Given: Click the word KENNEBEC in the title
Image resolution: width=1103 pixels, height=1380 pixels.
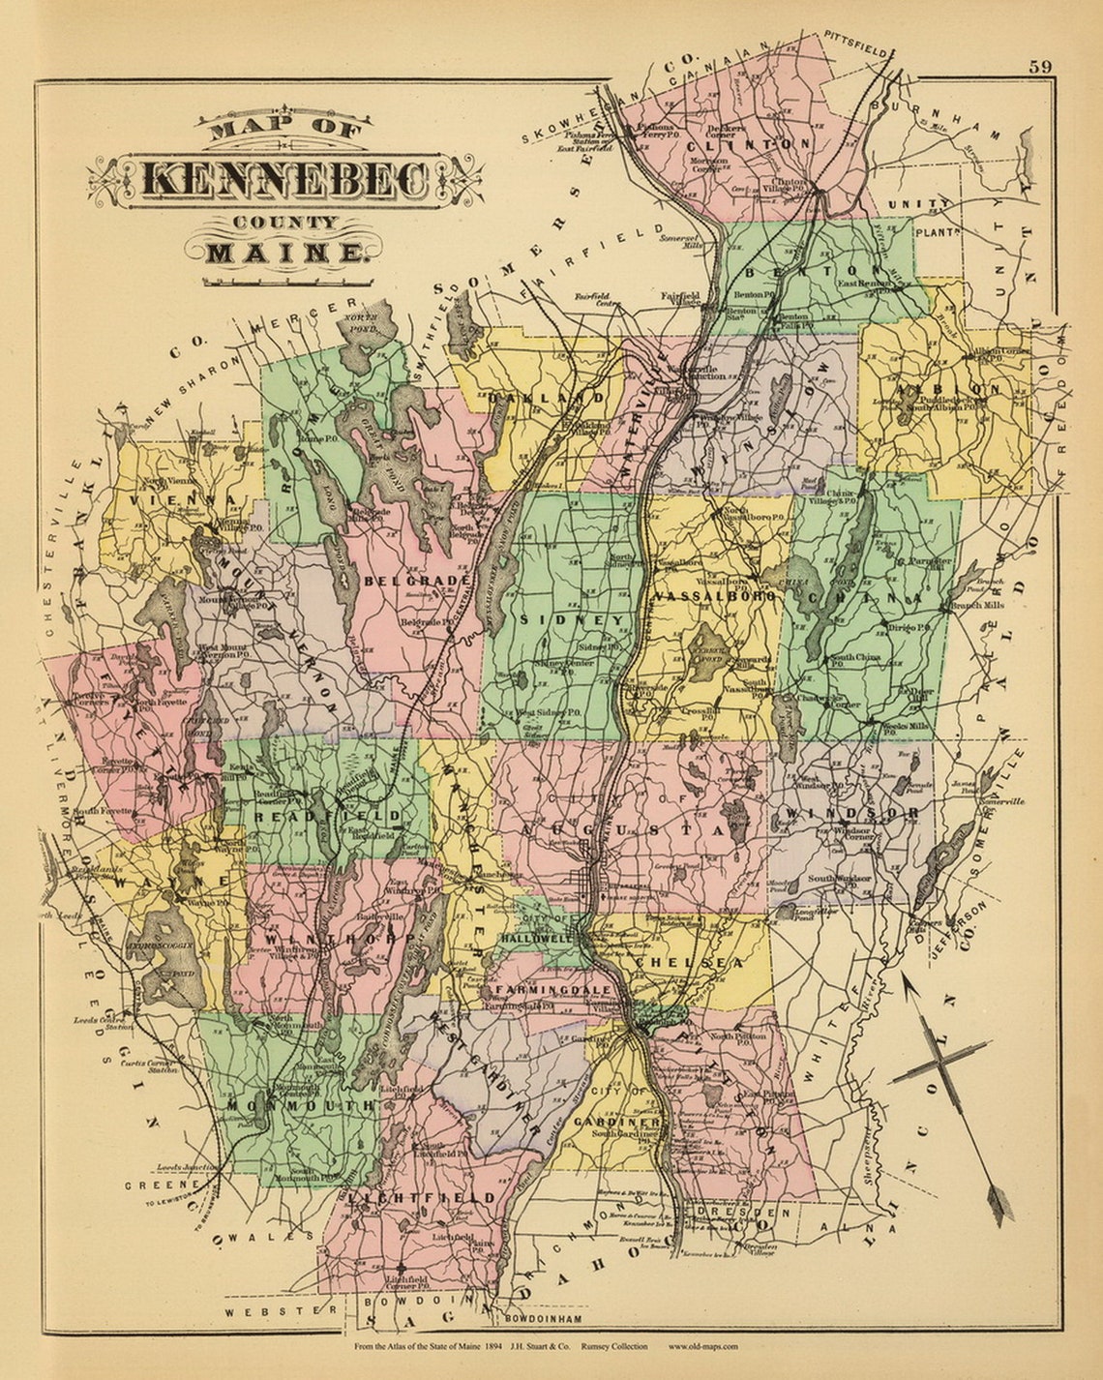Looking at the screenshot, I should [285, 179].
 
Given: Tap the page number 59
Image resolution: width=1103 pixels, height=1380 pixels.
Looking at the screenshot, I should [1040, 67].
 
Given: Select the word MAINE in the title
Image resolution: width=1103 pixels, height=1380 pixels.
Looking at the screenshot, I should [286, 254].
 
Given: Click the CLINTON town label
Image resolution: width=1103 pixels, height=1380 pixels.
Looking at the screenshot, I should [749, 143].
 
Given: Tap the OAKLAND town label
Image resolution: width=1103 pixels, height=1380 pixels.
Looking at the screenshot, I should [548, 397].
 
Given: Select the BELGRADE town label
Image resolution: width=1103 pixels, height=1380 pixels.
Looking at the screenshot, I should [417, 581].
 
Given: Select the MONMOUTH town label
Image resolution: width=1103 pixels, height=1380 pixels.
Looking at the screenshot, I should [301, 1104].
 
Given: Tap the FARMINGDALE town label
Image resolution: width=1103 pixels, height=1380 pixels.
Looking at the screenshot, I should [552, 991].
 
